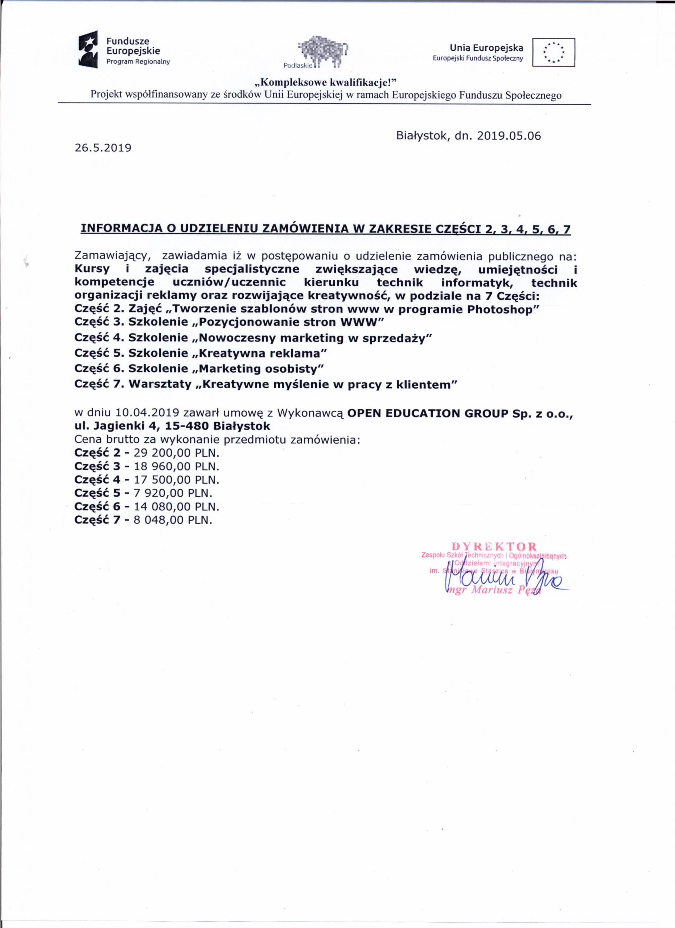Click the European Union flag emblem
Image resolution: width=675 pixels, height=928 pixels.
pos(553,52)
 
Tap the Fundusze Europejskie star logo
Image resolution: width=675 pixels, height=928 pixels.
pos(89,50)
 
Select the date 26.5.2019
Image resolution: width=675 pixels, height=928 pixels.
pos(103,148)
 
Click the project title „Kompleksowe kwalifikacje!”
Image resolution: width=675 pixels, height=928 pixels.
pos(326,83)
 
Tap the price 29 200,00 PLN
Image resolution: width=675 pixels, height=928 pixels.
pos(176,453)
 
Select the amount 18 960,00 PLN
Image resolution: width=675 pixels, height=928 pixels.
pos(176,467)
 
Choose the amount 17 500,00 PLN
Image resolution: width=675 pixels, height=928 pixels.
pos(176,480)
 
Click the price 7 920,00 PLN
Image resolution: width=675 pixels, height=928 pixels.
pos(173,493)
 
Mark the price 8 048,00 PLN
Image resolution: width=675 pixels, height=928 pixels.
pos(173,520)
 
